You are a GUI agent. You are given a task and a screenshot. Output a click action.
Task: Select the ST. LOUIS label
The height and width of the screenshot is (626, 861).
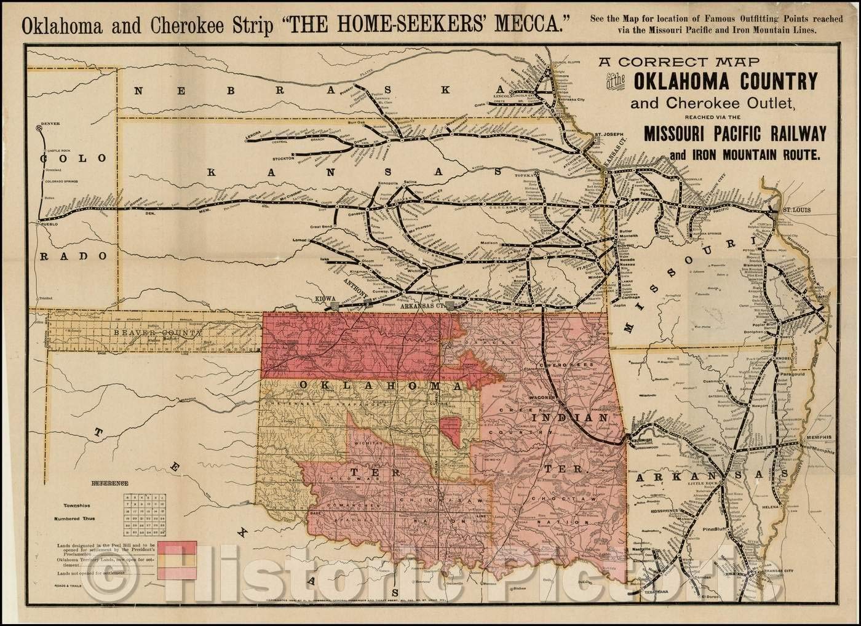click(x=799, y=210)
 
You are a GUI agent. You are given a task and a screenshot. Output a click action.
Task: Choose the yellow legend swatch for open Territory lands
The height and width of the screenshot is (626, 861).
click(x=177, y=560)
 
